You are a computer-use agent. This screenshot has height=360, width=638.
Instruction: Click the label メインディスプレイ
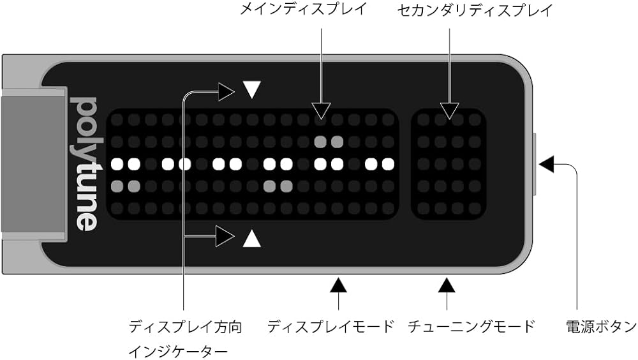[303, 10]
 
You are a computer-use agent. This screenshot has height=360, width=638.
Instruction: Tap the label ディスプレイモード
[331, 327]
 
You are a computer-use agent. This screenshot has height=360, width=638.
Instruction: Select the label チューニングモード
[471, 327]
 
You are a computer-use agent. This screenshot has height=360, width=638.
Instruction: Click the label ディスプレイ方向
[186, 327]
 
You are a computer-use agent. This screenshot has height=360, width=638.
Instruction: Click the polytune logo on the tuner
[84, 163]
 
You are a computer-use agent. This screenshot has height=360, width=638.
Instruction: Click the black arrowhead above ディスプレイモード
[338, 284]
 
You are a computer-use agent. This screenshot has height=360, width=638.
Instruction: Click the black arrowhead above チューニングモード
[447, 284]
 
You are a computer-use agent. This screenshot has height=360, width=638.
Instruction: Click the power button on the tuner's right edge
[535, 164]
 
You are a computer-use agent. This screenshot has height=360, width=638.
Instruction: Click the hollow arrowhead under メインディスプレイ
[321, 110]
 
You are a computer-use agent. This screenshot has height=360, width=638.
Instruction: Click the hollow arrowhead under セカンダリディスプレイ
[450, 110]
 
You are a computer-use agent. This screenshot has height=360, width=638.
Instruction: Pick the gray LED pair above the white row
[329, 141]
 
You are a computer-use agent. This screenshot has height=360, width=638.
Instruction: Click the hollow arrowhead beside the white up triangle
[225, 237]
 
